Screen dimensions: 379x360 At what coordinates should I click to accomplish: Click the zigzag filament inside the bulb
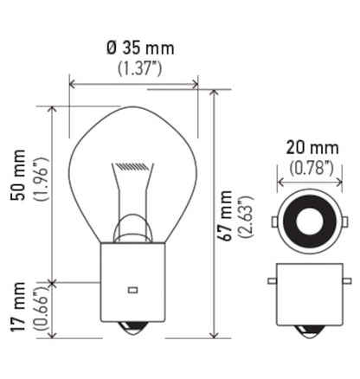133,164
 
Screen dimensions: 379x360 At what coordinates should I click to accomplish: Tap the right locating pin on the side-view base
337,283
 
